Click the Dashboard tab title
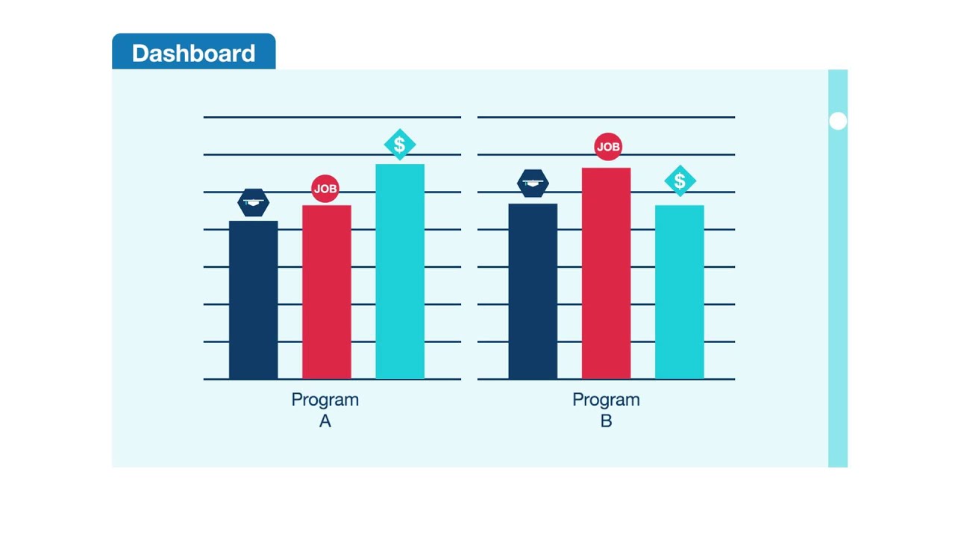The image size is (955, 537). click(x=193, y=53)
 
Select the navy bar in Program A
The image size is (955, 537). click(x=253, y=300)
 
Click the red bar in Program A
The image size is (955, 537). click(x=326, y=292)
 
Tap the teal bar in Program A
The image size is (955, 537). click(x=400, y=271)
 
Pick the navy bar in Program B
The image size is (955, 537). click(x=533, y=291)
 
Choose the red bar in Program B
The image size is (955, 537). click(x=606, y=273)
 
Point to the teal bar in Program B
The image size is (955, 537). click(x=679, y=292)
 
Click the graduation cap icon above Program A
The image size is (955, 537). click(x=253, y=202)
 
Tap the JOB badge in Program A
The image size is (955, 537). click(x=325, y=189)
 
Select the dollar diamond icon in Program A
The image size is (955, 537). click(x=400, y=145)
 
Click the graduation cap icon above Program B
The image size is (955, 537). click(x=533, y=183)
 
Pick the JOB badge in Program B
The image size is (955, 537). click(x=608, y=147)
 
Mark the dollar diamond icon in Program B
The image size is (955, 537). click(x=680, y=180)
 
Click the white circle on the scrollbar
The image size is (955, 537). click(x=838, y=121)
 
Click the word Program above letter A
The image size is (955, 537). click(x=325, y=400)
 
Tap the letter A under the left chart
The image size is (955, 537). click(x=325, y=421)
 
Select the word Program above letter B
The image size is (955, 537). click(x=606, y=400)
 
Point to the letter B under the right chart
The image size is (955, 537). click(x=606, y=421)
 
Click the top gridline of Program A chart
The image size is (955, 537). click(x=332, y=117)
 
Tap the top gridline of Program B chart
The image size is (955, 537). click(x=606, y=117)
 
